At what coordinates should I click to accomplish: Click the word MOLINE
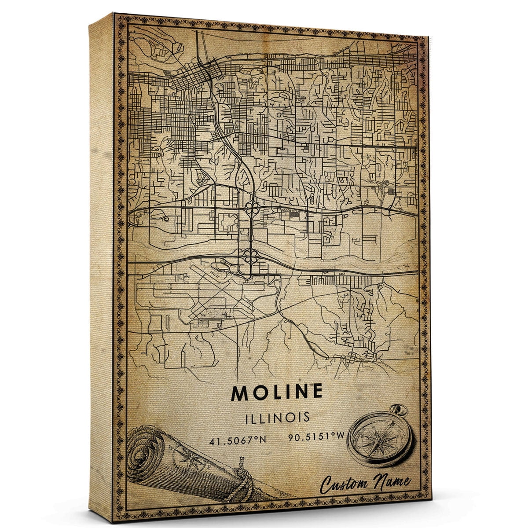[x=277, y=392]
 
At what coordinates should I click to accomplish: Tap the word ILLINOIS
[x=277, y=417]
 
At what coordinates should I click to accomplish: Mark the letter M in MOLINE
[x=241, y=392]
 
